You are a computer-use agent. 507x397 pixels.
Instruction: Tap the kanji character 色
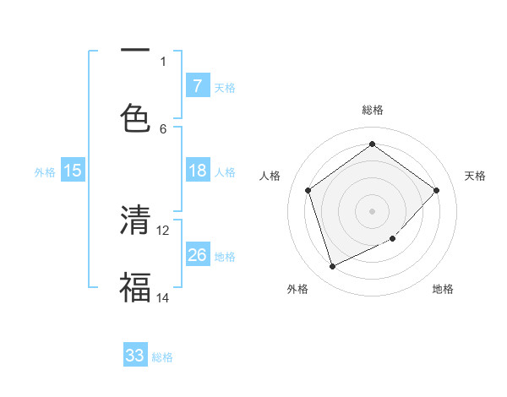point(135,117)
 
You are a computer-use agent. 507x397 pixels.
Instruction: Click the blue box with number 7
point(197,85)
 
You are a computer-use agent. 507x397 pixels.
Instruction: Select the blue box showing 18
point(197,171)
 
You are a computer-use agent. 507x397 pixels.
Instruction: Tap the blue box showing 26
point(197,255)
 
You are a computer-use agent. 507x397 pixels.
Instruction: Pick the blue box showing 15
point(73,171)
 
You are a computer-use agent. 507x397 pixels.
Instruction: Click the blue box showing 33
point(135,356)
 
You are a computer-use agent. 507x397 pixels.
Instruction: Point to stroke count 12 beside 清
point(163,230)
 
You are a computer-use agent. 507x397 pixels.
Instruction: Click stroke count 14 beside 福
point(163,297)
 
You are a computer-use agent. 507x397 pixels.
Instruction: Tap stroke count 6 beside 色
point(163,128)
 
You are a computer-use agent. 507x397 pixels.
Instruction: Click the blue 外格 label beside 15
point(45,171)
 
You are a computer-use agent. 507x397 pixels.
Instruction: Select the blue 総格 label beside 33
point(162,357)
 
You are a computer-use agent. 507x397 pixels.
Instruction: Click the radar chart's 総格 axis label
point(372,110)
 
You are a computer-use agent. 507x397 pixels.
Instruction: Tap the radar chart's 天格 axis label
point(475,176)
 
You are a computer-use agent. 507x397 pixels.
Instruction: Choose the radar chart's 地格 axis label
point(443,289)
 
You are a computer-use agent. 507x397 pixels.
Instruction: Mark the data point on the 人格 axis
point(308,190)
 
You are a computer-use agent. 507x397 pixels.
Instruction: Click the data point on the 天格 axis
point(436,190)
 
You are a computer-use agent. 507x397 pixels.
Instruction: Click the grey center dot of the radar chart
point(372,210)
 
